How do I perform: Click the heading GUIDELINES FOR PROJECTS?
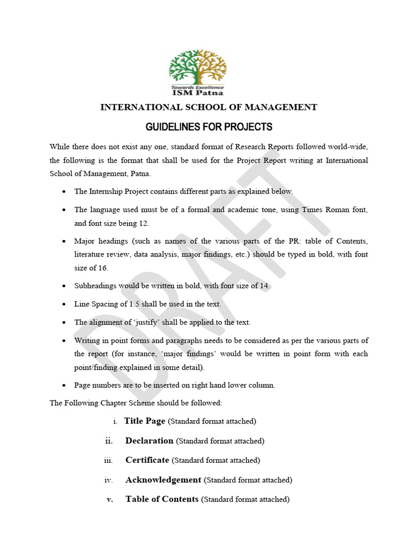pyautogui.click(x=209, y=127)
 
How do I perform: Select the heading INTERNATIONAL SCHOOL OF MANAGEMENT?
pyautogui.click(x=209, y=107)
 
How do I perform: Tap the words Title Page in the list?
pyautogui.click(x=145, y=421)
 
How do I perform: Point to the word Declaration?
pyautogui.click(x=149, y=441)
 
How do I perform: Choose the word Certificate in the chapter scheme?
pyautogui.click(x=147, y=460)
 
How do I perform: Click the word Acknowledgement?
pyautogui.click(x=163, y=480)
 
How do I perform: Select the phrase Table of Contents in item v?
pyautogui.click(x=162, y=500)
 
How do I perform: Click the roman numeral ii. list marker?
pyautogui.click(x=108, y=441)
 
